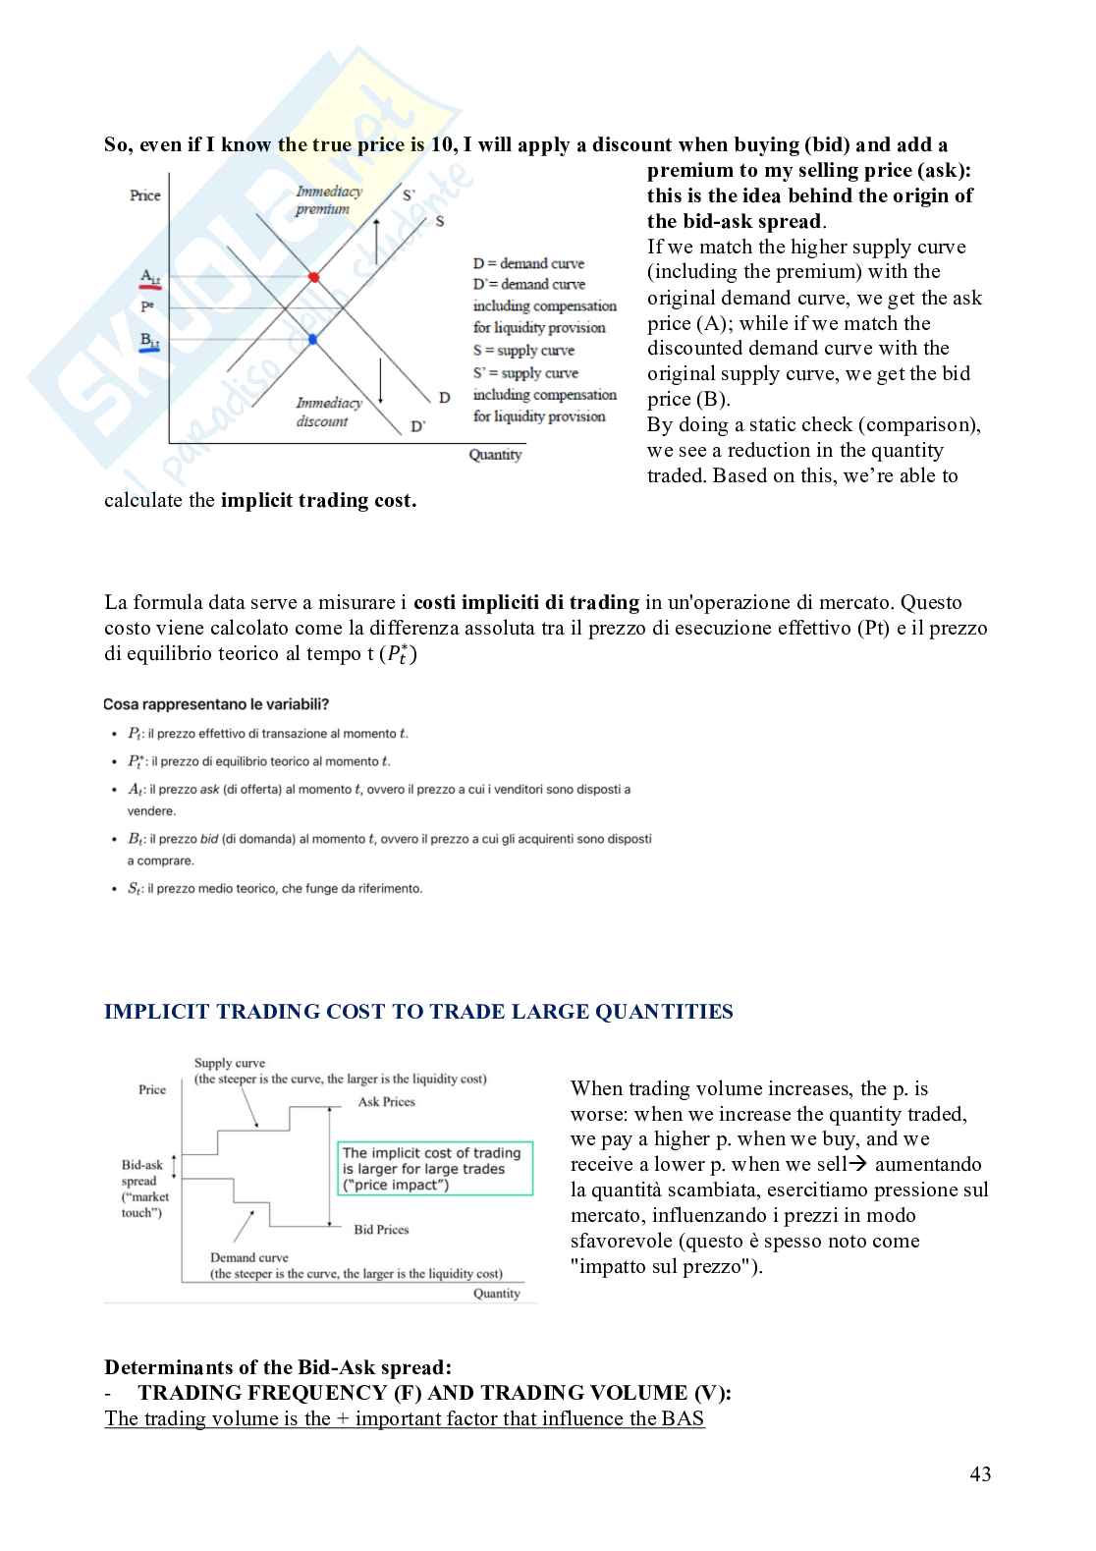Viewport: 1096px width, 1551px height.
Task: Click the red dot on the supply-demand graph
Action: (314, 277)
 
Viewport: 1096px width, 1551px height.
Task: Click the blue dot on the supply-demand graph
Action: (313, 339)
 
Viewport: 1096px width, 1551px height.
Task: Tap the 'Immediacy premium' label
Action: (328, 200)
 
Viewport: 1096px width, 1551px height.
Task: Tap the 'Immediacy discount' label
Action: (328, 412)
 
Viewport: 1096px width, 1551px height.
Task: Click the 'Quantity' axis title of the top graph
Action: (495, 455)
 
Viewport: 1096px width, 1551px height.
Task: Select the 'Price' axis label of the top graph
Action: (144, 195)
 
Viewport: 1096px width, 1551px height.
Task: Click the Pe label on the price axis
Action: (147, 307)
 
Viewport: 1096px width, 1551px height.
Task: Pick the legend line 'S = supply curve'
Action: (523, 351)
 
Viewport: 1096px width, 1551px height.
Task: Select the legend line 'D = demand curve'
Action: (528, 263)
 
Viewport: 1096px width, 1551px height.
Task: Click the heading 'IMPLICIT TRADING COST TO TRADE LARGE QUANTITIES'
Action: (418, 1012)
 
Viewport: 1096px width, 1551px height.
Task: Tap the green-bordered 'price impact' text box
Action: (435, 1168)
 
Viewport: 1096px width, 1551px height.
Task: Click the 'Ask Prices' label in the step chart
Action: (386, 1102)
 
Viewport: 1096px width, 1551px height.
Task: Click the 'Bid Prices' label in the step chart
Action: (381, 1230)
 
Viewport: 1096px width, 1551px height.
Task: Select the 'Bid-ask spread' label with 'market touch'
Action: (143, 1189)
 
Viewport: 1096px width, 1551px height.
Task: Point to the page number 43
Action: (979, 1473)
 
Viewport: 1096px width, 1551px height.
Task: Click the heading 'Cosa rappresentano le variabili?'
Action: (216, 704)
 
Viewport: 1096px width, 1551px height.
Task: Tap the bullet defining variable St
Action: (275, 889)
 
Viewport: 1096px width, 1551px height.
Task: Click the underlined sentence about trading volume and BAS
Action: (405, 1418)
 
